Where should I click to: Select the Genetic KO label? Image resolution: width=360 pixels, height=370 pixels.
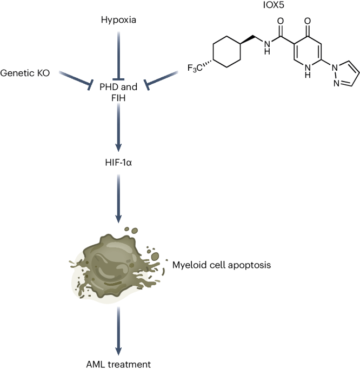tap(25, 71)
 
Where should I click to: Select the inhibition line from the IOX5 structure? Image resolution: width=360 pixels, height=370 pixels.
tap(160, 77)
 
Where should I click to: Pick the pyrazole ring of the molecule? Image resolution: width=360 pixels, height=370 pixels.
tap(339, 73)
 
